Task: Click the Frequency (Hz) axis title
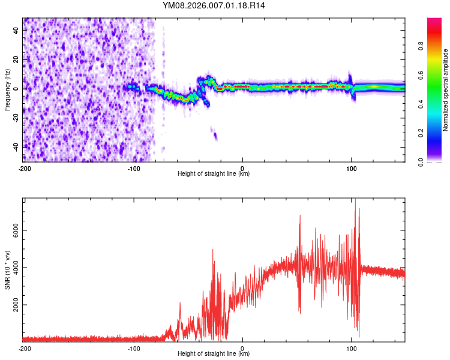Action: tap(7, 89)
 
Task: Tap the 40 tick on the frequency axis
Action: tap(17, 31)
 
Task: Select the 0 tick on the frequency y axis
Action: tap(17, 89)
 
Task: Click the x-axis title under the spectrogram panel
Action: tap(214, 174)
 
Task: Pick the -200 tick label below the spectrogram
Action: tap(24, 168)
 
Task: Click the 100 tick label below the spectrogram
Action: tap(352, 168)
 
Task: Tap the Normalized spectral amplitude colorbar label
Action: tap(445, 90)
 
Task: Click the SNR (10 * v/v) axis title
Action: tap(7, 269)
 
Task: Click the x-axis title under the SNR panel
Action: tap(214, 354)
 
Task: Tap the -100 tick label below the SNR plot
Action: tap(133, 349)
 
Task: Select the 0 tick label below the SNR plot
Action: tap(242, 349)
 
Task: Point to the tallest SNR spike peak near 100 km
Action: tap(356, 200)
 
